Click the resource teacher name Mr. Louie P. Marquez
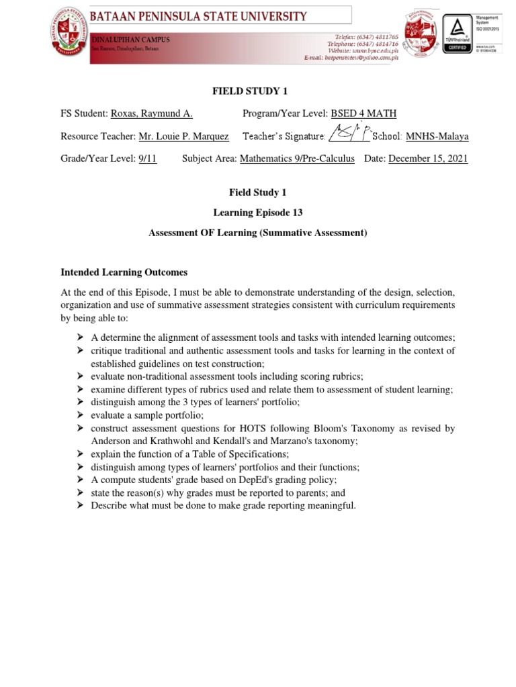click(183, 136)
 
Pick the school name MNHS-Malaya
click(437, 136)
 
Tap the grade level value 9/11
click(147, 159)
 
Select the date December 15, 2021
click(428, 159)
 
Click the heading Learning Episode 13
click(258, 213)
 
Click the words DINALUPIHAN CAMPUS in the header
click(131, 40)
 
